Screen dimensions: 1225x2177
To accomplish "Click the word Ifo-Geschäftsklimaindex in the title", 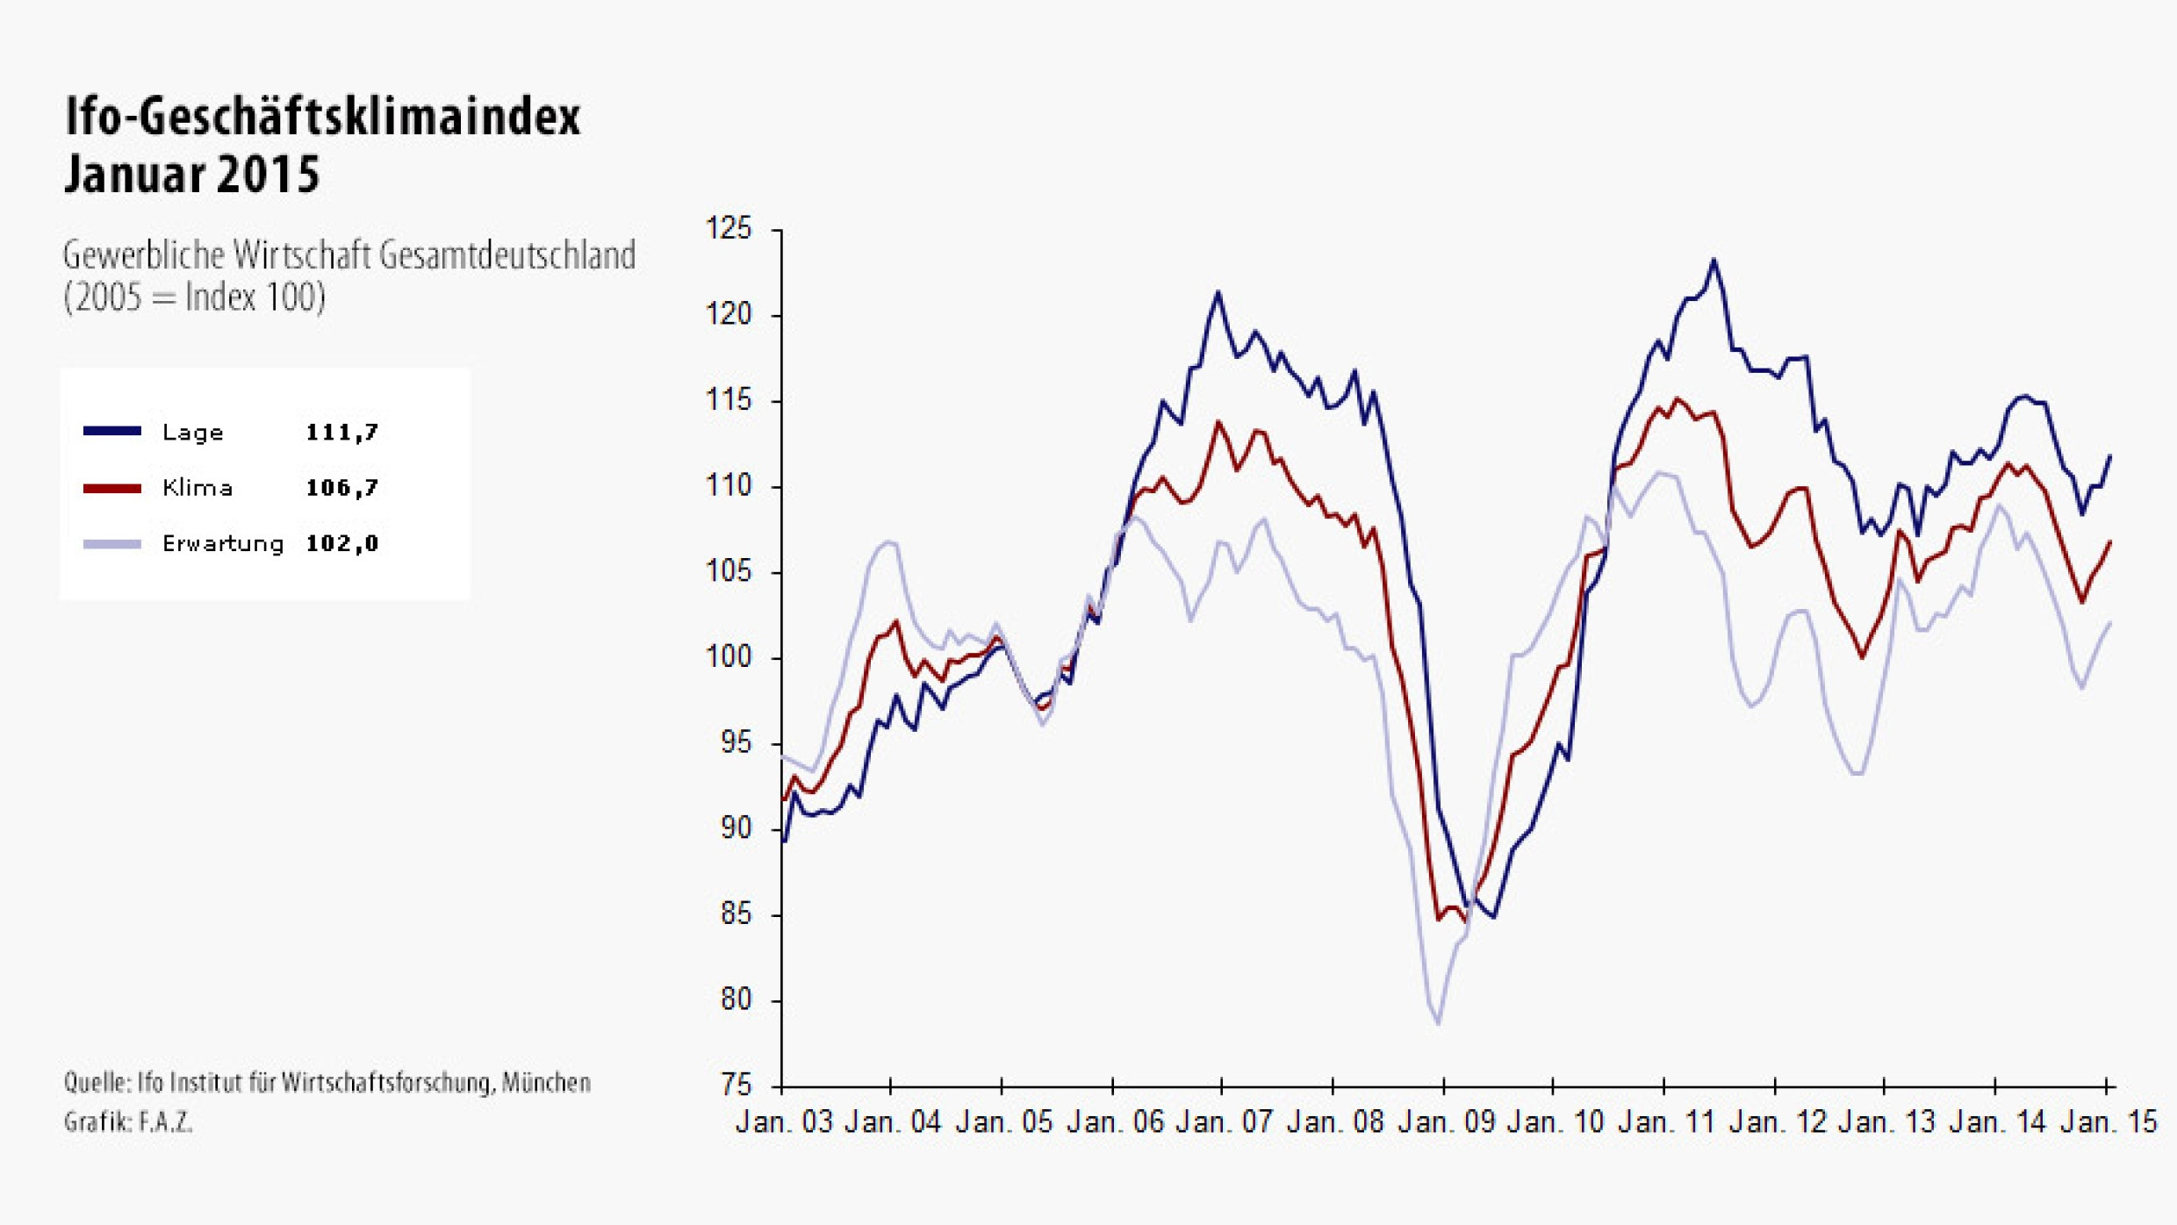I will [x=322, y=117].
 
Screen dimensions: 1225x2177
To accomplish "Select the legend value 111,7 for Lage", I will [x=341, y=433].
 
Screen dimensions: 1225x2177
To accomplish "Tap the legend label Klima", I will [x=198, y=488].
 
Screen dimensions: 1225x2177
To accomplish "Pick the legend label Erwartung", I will [x=223, y=544].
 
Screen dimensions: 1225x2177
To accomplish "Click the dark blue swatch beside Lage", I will [x=112, y=431].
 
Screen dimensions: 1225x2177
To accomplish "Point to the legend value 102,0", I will [x=341, y=544].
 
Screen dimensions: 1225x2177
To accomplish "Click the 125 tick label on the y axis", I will [x=729, y=229].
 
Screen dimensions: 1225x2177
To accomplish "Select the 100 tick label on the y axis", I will [x=729, y=657].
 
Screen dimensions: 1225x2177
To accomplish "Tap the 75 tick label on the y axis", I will [x=736, y=1085].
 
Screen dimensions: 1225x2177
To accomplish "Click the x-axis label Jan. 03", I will [x=784, y=1122].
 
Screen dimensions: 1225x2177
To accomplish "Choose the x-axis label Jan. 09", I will [x=1446, y=1122].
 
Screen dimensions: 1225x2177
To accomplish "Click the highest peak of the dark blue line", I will [x=1714, y=260].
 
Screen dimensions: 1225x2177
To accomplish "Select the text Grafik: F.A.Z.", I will [x=128, y=1122].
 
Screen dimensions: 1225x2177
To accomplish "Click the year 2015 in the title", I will [x=268, y=174].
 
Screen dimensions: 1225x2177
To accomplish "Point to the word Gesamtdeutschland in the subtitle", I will [x=507, y=256].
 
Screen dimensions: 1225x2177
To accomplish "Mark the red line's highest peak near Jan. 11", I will [x=1677, y=399].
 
